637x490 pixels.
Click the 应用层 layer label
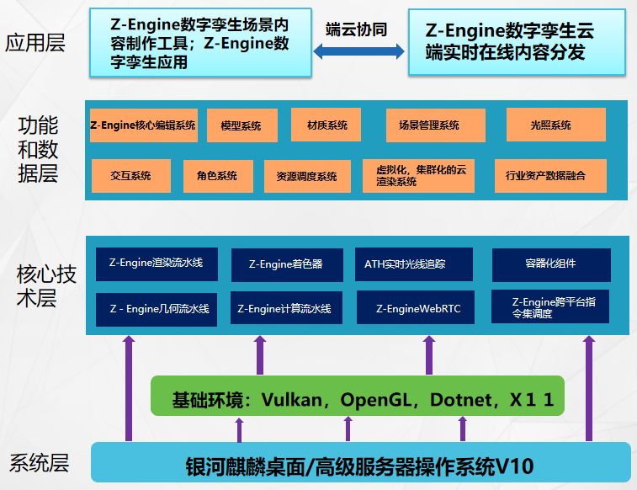tap(35, 42)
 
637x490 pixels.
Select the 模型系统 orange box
tap(241, 125)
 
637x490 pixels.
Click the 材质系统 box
tap(326, 125)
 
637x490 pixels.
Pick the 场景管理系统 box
tap(435, 125)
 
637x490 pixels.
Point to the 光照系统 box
tap(550, 125)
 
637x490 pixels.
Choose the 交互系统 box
tap(130, 176)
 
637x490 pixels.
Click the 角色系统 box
tap(217, 176)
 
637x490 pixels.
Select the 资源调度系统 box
tap(306, 177)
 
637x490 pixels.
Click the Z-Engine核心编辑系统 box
tap(143, 125)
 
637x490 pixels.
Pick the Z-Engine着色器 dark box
tap(285, 264)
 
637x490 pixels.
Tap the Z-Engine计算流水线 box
tap(285, 308)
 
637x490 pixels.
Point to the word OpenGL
tap(376, 399)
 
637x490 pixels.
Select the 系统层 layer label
tap(39, 463)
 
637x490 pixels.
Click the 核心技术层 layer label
tap(45, 286)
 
